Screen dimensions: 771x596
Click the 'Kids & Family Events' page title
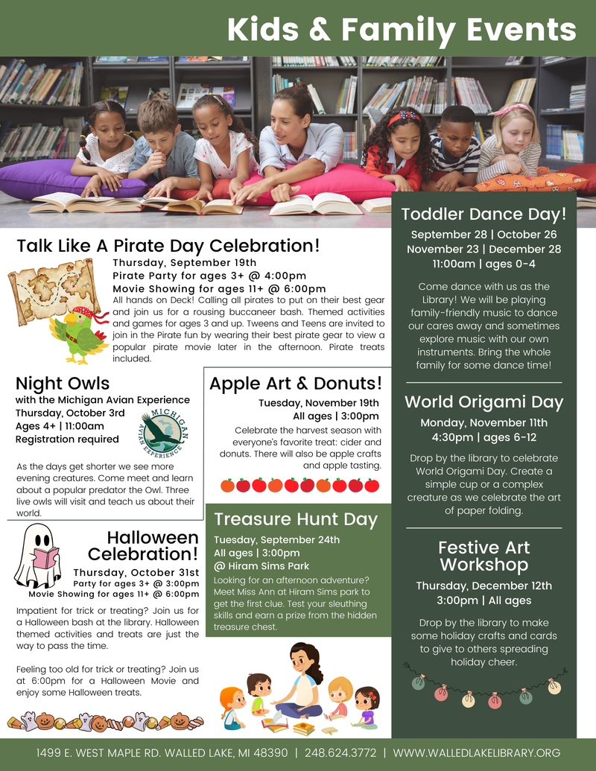[x=402, y=29]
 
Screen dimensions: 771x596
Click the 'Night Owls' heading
[x=63, y=384]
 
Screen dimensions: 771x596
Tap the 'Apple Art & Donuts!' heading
[x=296, y=384]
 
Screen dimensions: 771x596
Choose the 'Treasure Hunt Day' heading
[x=296, y=519]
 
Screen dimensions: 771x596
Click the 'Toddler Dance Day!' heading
[x=484, y=215]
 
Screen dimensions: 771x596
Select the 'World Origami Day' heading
[x=484, y=402]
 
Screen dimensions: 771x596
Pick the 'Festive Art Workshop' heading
[x=484, y=556]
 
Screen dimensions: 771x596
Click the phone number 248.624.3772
[x=340, y=753]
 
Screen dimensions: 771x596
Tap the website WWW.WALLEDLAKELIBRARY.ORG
[x=476, y=753]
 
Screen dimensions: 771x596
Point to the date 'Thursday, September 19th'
[x=184, y=262]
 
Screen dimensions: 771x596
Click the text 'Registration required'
[x=67, y=440]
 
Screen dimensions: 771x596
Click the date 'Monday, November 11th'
[x=484, y=422]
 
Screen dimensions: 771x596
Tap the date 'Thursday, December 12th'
[x=484, y=586]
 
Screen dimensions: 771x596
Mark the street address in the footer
[x=162, y=753]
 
